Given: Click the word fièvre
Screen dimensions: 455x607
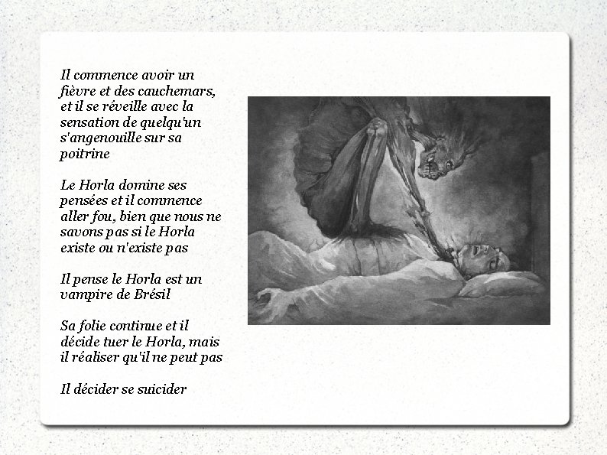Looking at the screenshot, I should (76, 91).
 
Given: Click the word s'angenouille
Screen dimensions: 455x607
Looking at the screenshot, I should (99, 138).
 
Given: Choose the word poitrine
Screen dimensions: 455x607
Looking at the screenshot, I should (84, 154).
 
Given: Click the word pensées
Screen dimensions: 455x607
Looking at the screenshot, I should (84, 201).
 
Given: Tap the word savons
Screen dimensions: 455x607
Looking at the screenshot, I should (81, 232).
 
